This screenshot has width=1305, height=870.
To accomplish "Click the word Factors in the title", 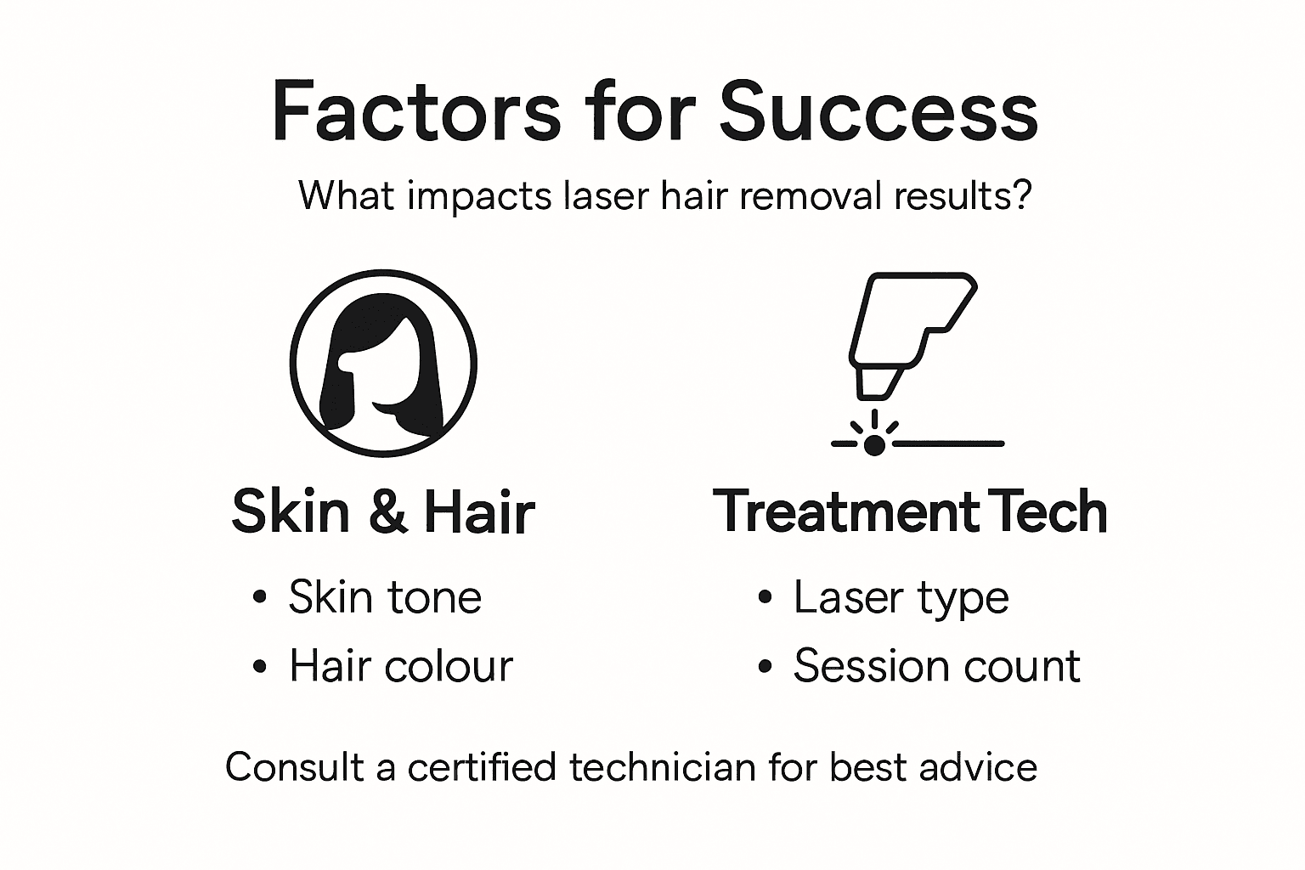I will coord(416,111).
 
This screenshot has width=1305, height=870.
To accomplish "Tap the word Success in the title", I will coord(878,111).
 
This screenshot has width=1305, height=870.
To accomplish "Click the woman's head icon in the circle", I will coord(383,364).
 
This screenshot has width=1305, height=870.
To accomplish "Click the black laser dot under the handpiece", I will coord(874,443).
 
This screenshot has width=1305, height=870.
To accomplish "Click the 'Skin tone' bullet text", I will coord(385,596).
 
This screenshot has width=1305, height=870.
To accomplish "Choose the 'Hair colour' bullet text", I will coord(401,665).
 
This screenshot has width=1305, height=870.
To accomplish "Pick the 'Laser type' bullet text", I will coord(901,598).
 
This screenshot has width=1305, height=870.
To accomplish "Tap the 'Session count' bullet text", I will coord(936,665).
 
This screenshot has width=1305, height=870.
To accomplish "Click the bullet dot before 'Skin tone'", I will coord(260,597).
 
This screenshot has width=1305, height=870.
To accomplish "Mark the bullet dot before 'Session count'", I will coord(765,666).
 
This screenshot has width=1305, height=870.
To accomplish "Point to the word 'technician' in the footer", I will coord(663,767).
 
